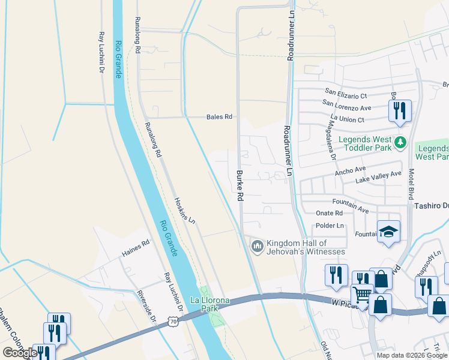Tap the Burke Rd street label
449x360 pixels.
239,185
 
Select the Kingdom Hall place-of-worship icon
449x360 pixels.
257,246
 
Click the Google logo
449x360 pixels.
19,353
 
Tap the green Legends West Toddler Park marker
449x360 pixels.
401,144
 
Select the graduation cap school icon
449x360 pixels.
388,232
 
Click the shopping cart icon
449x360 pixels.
362,295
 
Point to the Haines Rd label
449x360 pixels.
136,246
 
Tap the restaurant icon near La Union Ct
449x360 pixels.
399,110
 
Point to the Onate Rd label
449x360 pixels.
329,213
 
